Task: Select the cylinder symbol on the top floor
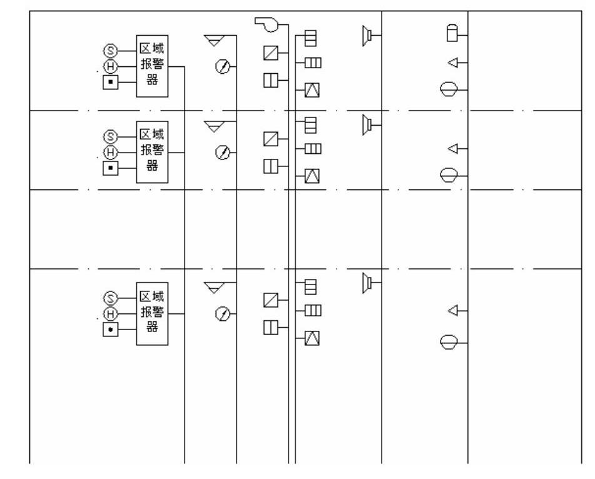[x=452, y=34]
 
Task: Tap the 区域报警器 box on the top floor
[x=152, y=66]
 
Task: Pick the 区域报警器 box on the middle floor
[x=152, y=151]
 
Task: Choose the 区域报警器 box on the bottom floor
[x=152, y=313]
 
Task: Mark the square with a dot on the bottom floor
[x=110, y=328]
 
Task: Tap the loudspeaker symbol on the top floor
[x=367, y=36]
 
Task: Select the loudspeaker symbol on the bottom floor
[x=367, y=283]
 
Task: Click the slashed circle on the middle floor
[x=221, y=151]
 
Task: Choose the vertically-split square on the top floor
[x=271, y=81]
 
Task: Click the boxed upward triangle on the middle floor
[x=312, y=176]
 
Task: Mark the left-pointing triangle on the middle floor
[x=454, y=148]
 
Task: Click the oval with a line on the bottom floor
[x=450, y=342]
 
